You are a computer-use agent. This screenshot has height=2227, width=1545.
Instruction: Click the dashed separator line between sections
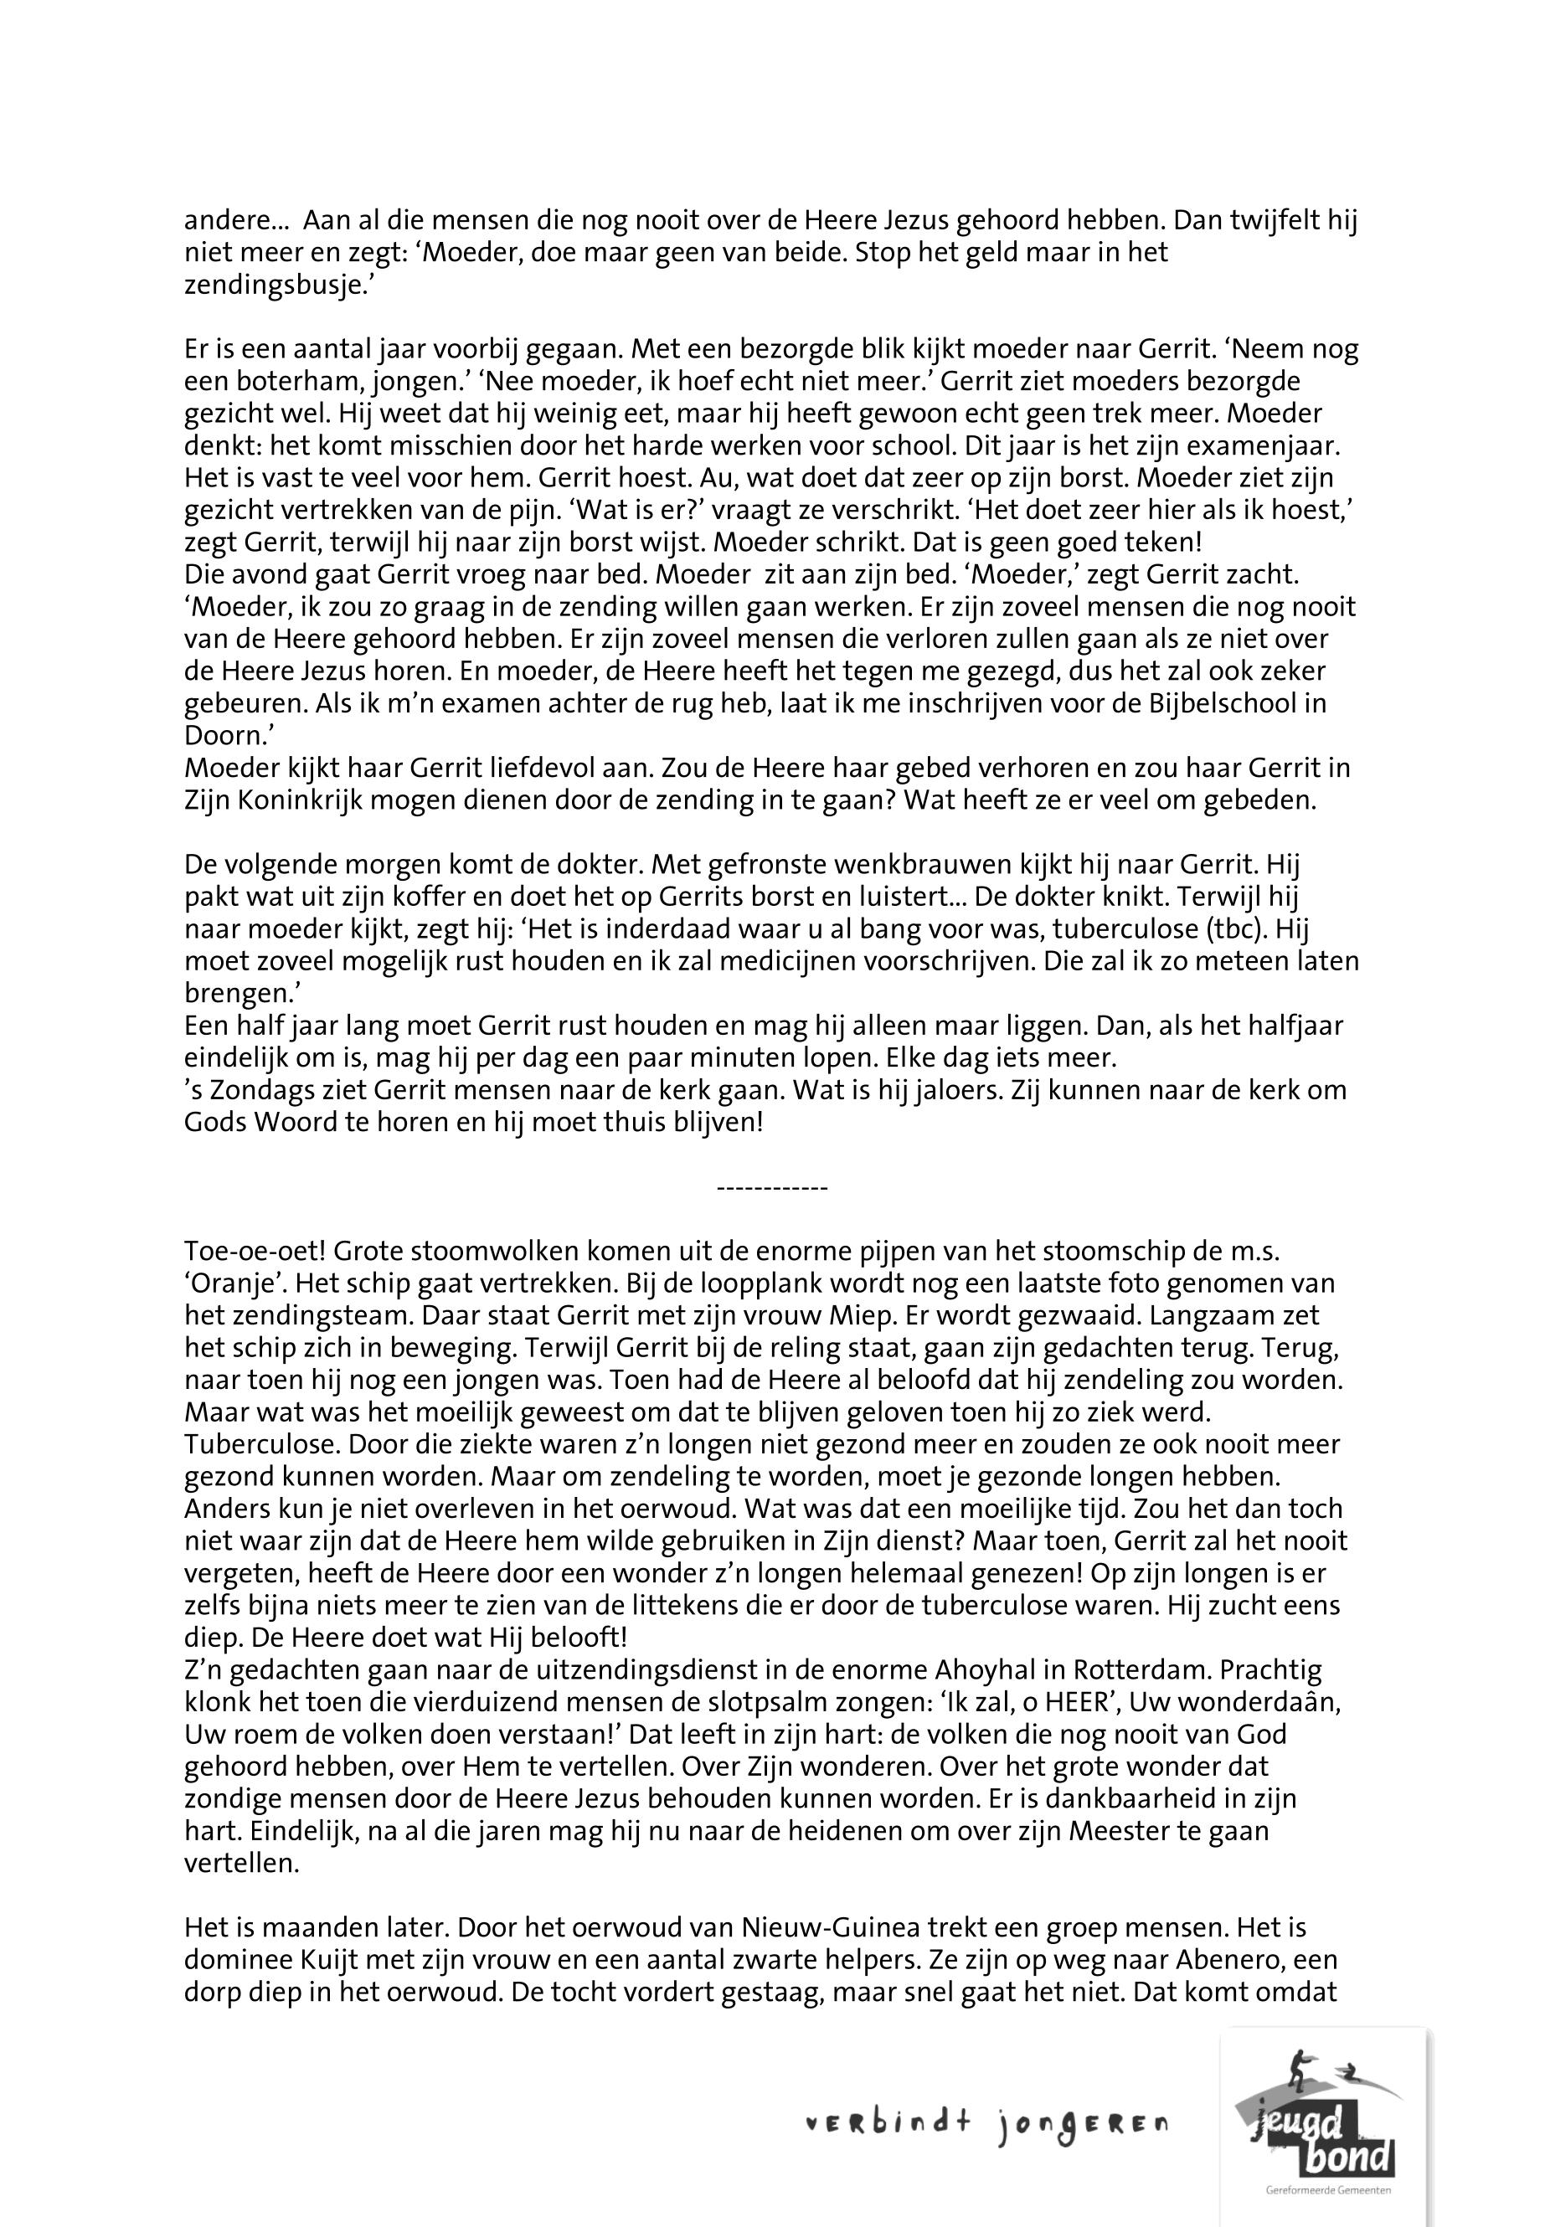point(771,1187)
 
